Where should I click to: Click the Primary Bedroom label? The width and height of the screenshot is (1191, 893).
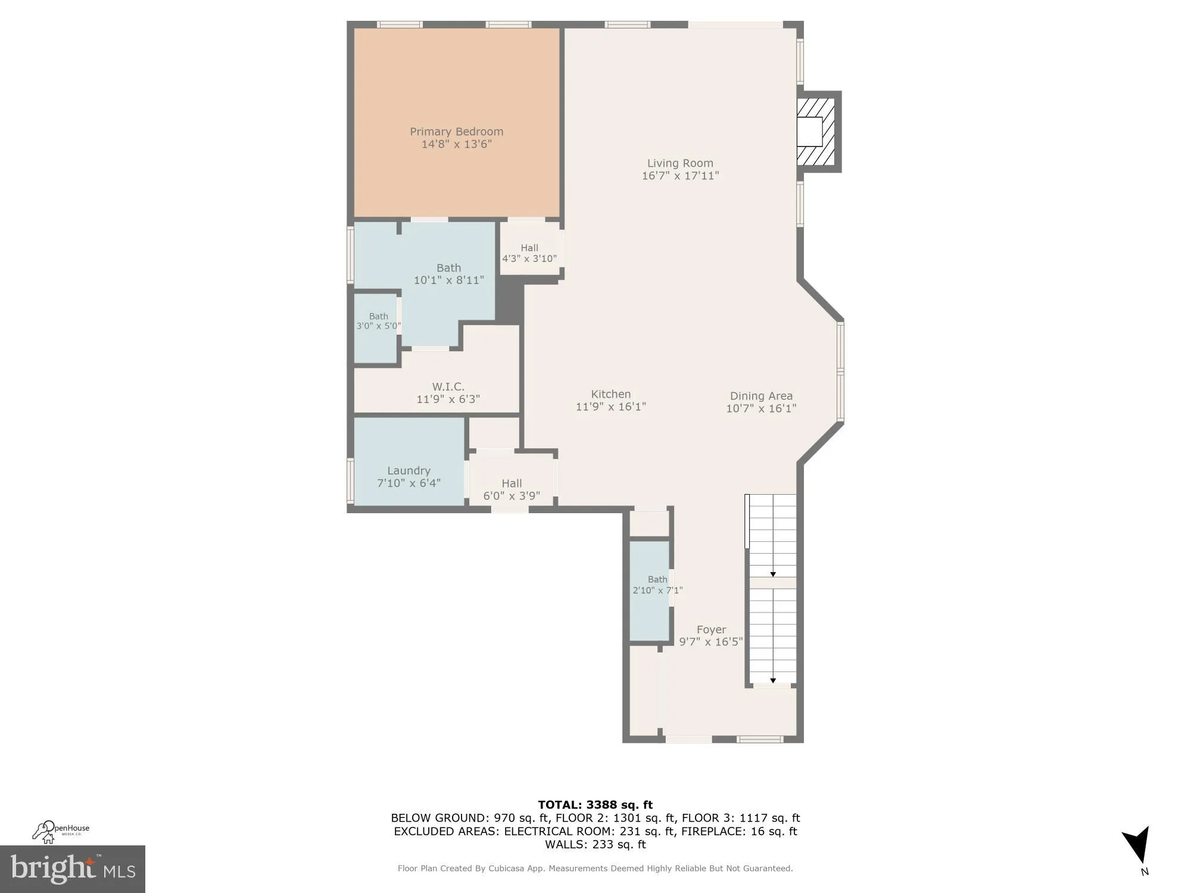pos(456,132)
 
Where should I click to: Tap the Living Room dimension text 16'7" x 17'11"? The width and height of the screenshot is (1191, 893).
pos(680,176)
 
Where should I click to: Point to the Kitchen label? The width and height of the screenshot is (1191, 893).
pos(610,394)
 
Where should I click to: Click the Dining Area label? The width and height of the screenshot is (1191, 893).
pos(761,396)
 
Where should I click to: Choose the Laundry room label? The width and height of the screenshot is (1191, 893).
pos(409,470)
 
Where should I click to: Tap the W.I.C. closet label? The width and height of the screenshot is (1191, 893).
pos(448,387)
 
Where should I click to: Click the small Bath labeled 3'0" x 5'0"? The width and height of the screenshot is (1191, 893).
pos(378,321)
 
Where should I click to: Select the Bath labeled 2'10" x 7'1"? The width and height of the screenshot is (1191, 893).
pos(657,585)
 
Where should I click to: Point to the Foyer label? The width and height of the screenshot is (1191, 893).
pos(711,629)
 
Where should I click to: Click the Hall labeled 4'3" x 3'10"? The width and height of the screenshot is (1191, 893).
pos(529,253)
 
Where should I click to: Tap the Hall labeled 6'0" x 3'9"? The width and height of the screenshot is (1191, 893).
pos(512,489)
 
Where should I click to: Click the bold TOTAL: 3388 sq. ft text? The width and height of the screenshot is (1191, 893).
pos(595,805)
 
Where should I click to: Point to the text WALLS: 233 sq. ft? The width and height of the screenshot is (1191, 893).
pos(595,844)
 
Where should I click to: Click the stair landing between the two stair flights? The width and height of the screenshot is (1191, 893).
pos(772,582)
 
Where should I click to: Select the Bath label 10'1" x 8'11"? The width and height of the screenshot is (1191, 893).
pos(448,274)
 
